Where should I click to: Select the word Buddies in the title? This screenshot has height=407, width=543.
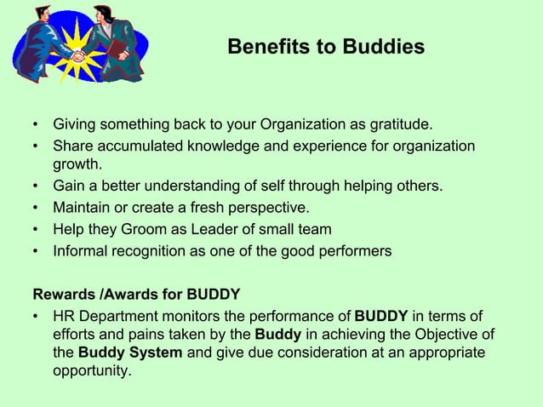tap(383, 48)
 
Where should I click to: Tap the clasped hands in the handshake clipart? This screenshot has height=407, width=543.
tap(78, 56)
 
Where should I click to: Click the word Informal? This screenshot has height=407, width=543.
tap(83, 250)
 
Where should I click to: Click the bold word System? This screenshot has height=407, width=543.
tap(154, 353)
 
